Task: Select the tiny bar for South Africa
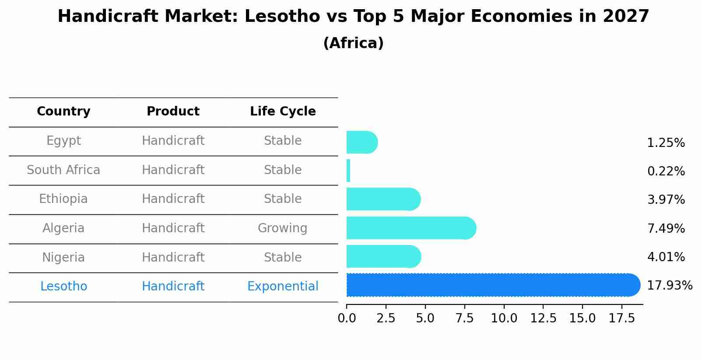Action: [348, 171]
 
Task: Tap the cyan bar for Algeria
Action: [411, 228]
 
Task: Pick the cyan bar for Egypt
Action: [362, 142]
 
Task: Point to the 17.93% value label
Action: [669, 286]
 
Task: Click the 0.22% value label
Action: [666, 171]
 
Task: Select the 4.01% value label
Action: [666, 257]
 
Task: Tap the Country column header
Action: [63, 112]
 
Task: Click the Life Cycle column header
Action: [283, 112]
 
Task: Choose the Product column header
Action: [173, 112]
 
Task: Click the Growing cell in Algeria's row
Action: [282, 228]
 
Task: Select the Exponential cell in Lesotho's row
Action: [283, 287]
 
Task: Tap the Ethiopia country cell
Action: [63, 199]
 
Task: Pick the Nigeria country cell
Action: [63, 257]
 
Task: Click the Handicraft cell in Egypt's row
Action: [173, 141]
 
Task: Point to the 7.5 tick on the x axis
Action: [464, 318]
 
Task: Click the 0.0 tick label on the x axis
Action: [347, 318]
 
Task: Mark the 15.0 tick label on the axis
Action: [582, 318]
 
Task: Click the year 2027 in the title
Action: [625, 17]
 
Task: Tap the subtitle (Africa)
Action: [353, 43]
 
